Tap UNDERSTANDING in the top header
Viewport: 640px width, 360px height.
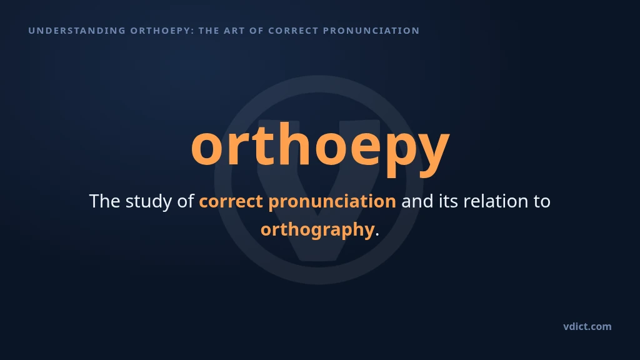pyautogui.click(x=77, y=31)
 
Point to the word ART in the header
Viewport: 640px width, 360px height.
pyautogui.click(x=234, y=31)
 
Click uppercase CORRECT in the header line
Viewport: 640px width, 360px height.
pyautogui.click(x=293, y=31)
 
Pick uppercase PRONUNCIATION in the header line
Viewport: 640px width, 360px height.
pyautogui.click(x=371, y=31)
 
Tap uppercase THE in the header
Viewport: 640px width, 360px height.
pyautogui.click(x=209, y=31)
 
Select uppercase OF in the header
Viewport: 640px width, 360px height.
pyautogui.click(x=256, y=31)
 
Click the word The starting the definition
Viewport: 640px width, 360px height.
pyautogui.click(x=104, y=201)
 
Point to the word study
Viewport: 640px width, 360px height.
pyautogui.click(x=149, y=202)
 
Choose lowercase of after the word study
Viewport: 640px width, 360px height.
pyautogui.click(x=185, y=201)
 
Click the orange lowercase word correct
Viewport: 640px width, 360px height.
pyautogui.click(x=231, y=202)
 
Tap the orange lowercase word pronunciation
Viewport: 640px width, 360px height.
pyautogui.click(x=332, y=202)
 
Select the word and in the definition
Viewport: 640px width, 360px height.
pyautogui.click(x=417, y=201)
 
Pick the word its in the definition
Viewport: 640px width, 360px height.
pyautogui.click(x=448, y=201)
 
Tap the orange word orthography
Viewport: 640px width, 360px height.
pyautogui.click(x=317, y=230)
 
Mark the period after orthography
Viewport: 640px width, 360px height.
pyautogui.click(x=377, y=235)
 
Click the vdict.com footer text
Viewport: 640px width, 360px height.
pyautogui.click(x=587, y=326)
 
